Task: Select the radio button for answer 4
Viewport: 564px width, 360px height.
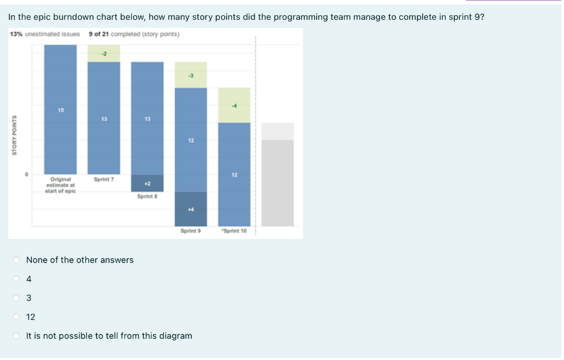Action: (x=17, y=279)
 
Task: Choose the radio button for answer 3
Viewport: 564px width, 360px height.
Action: (x=17, y=298)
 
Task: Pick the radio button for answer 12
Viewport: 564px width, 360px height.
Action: (x=17, y=317)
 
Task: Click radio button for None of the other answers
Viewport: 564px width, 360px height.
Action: (x=17, y=260)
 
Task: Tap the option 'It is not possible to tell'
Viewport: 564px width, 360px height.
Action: (x=17, y=336)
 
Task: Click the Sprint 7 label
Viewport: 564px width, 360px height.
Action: (x=104, y=179)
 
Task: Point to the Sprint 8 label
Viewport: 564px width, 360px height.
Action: (x=147, y=196)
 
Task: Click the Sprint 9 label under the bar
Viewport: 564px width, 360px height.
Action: (x=191, y=231)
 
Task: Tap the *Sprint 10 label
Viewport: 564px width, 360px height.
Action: (x=234, y=231)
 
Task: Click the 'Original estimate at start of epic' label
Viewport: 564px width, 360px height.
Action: (x=60, y=185)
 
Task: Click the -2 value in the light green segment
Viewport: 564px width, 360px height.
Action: (x=104, y=53)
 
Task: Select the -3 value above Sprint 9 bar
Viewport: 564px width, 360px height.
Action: (x=191, y=75)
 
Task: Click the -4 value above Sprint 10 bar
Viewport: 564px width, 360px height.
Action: (x=234, y=106)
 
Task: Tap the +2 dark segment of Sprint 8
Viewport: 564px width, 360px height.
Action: (x=147, y=183)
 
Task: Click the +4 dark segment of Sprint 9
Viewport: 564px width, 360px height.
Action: (x=191, y=209)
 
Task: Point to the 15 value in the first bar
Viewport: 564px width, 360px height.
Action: (x=60, y=110)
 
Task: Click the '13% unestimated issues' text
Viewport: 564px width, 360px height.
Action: (x=45, y=34)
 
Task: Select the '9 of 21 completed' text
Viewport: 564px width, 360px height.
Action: (x=134, y=34)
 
